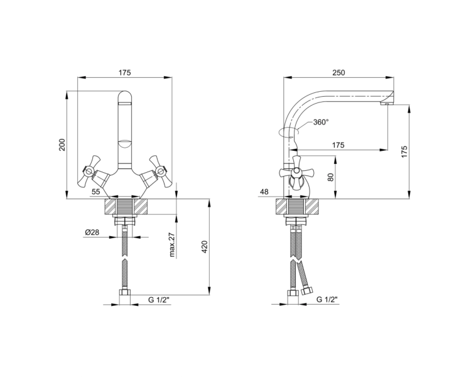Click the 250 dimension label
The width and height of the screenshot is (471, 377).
[x=338, y=72]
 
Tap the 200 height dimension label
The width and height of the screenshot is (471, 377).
[x=62, y=145]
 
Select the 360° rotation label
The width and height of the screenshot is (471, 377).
[x=321, y=122]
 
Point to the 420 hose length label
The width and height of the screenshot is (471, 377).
[x=205, y=246]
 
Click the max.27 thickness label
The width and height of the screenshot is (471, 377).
[x=172, y=245]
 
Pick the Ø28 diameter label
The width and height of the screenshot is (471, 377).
[x=92, y=232]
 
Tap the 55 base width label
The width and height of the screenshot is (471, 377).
[x=96, y=192]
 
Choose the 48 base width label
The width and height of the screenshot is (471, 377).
[x=264, y=192]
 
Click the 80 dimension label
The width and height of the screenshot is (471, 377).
[x=331, y=177]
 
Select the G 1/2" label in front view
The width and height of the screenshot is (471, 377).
[x=159, y=300]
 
